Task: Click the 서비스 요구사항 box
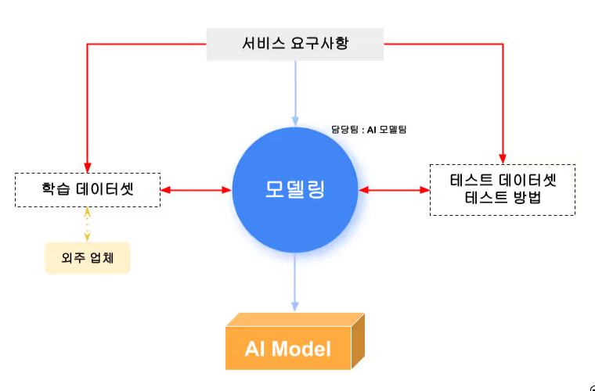pos(295,44)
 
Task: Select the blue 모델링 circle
pos(295,190)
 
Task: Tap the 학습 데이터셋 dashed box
pos(88,190)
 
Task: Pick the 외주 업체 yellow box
pos(88,258)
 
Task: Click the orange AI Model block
pos(295,341)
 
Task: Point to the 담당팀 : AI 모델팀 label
pos(369,130)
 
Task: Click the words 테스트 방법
pos(503,198)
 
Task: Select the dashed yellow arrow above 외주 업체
pos(87,224)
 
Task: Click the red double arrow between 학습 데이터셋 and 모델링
pos(197,190)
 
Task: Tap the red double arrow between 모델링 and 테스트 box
pos(394,190)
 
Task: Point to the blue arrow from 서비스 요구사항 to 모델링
pos(295,93)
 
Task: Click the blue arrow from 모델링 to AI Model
pos(295,282)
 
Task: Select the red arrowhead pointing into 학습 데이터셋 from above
pos(88,168)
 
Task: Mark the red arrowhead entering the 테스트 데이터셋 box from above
pos(503,159)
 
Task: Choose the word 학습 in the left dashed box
pos(56,188)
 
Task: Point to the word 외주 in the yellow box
pos(74,258)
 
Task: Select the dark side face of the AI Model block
pos(358,341)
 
